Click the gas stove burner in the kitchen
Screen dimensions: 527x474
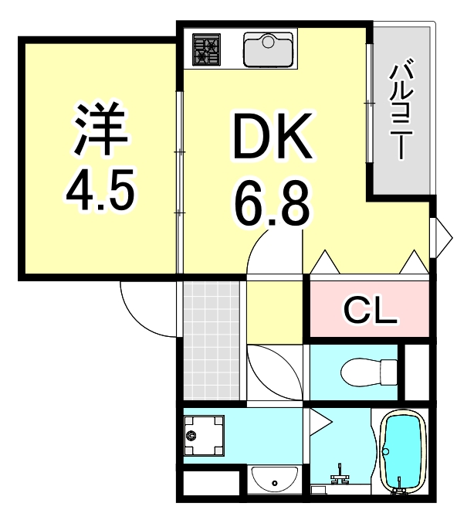coord(205,49)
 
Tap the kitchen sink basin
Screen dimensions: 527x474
coord(268,49)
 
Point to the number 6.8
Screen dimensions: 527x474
coord(273,203)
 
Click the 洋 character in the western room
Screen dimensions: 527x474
coord(100,130)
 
